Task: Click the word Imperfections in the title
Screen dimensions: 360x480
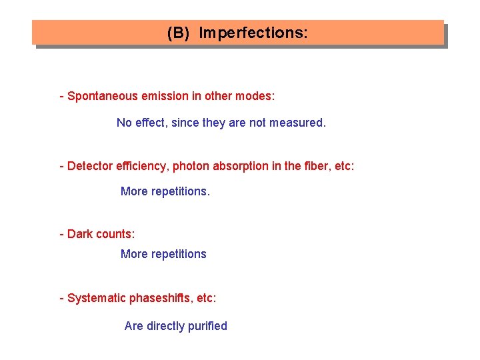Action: point(253,33)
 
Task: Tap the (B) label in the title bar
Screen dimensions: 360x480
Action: point(179,33)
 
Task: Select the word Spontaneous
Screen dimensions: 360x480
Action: point(100,96)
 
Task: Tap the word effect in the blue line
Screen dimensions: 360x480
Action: point(151,123)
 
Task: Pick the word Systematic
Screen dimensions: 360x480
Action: point(97,298)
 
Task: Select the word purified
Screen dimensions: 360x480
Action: point(207,326)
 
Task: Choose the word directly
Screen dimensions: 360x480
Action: point(165,326)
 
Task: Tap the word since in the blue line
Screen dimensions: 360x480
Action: point(185,123)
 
